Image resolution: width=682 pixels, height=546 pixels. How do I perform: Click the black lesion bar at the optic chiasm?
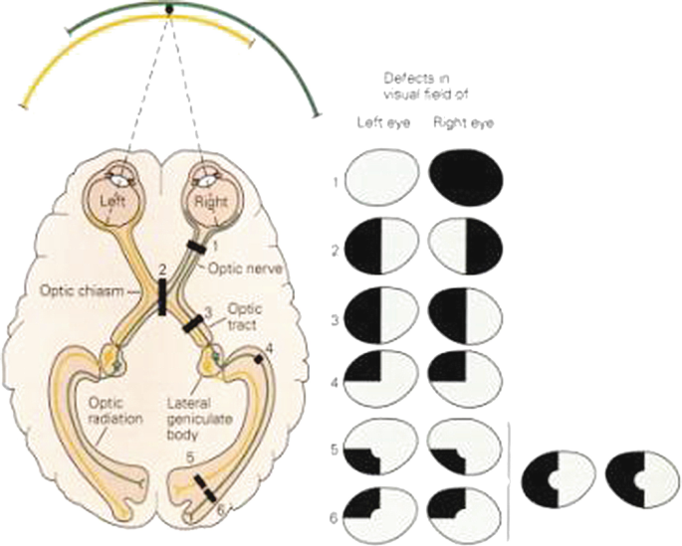[x=161, y=296]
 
